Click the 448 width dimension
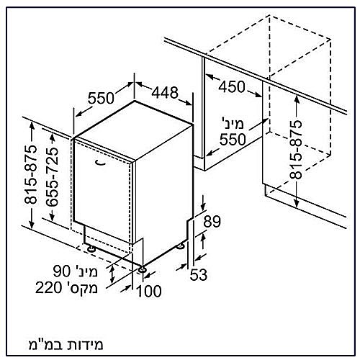pyautogui.click(x=166, y=92)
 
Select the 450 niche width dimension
pyautogui.click(x=232, y=86)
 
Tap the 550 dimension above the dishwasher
pyautogui.click(x=101, y=98)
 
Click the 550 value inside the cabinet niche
pyautogui.click(x=233, y=140)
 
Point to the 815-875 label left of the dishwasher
pyautogui.click(x=31, y=174)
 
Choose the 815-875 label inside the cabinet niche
pyautogui.click(x=295, y=150)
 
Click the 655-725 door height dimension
pyautogui.click(x=52, y=177)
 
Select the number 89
pyautogui.click(x=212, y=221)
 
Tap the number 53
pyautogui.click(x=199, y=275)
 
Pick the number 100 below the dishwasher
pyautogui.click(x=149, y=291)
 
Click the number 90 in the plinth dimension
pyautogui.click(x=62, y=272)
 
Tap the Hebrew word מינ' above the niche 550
pyautogui.click(x=232, y=124)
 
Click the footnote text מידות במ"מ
pyautogui.click(x=66, y=345)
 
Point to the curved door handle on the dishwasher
pyautogui.click(x=100, y=163)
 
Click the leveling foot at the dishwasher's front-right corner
pyautogui.click(x=142, y=269)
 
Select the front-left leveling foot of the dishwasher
pyautogui.click(x=91, y=248)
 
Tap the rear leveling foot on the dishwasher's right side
pyautogui.click(x=180, y=246)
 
